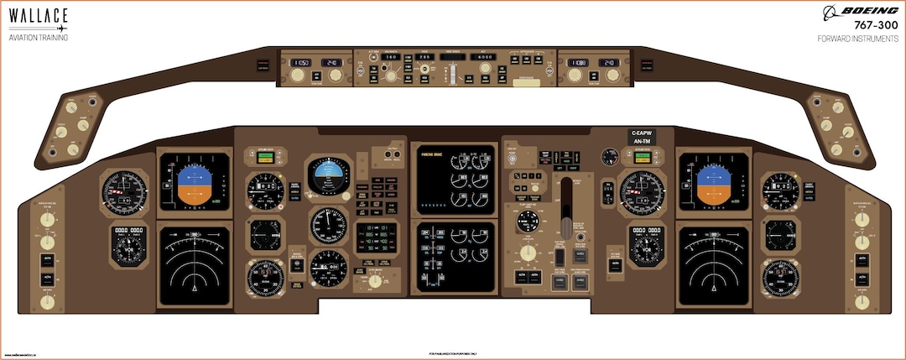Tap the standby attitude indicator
tap(329, 175)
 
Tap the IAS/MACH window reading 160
tap(389, 57)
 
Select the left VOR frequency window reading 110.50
tap(300, 63)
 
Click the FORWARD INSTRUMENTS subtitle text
tap(857, 39)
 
